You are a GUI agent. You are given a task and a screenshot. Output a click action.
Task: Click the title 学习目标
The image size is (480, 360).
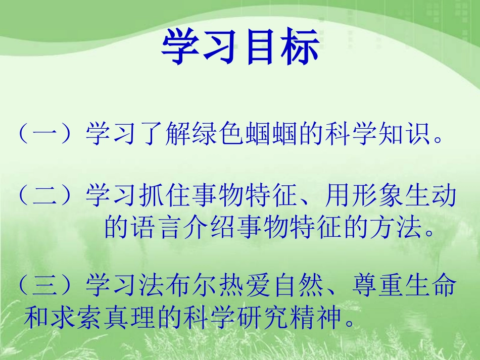tap(240, 48)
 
